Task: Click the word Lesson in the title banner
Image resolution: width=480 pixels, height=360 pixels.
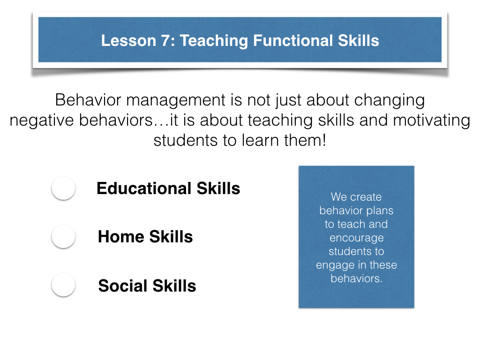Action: pyautogui.click(x=128, y=41)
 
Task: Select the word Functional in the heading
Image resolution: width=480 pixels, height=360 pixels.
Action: pyautogui.click(x=293, y=41)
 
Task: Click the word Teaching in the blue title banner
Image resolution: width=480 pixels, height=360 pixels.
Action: pyautogui.click(x=214, y=41)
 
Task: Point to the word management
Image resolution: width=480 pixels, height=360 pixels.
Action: pyautogui.click(x=176, y=101)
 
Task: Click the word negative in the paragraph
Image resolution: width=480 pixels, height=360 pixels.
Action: pyautogui.click(x=42, y=120)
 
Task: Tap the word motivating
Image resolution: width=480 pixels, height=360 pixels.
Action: pyautogui.click(x=432, y=120)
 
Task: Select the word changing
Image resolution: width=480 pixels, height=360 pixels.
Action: pyautogui.click(x=390, y=101)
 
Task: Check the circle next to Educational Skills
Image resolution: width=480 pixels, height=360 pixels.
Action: pyautogui.click(x=63, y=188)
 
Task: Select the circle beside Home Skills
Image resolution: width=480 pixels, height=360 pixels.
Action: pyautogui.click(x=63, y=236)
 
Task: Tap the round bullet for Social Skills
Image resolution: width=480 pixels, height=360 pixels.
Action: pyautogui.click(x=63, y=285)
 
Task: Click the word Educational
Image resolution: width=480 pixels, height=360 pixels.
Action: pyautogui.click(x=144, y=188)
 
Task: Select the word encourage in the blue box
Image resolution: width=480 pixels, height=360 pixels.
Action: pyautogui.click(x=357, y=238)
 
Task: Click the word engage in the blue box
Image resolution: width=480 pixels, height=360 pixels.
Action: pyautogui.click(x=335, y=265)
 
